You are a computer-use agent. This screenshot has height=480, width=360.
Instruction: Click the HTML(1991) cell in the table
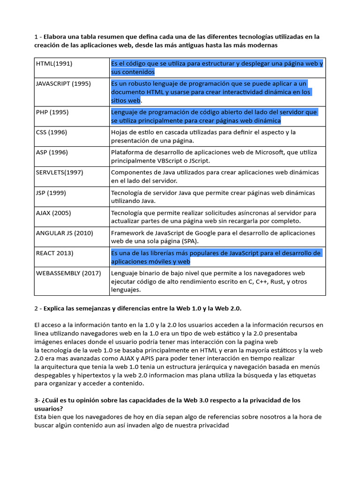click(54, 63)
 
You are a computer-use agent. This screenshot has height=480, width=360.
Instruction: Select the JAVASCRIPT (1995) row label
click(63, 83)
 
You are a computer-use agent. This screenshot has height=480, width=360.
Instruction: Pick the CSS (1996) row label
click(51, 132)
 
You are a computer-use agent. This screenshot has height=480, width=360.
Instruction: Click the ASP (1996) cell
click(52, 152)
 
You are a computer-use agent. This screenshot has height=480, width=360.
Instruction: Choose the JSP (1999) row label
click(51, 193)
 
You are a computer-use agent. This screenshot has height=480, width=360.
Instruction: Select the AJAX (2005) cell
click(53, 213)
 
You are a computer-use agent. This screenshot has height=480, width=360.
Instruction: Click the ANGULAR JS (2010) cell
click(64, 233)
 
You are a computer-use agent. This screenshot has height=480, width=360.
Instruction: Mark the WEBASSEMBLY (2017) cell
click(68, 273)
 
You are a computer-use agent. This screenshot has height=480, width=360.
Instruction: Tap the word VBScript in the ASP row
click(167, 161)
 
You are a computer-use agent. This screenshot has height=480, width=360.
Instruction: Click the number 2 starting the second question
click(36, 308)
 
